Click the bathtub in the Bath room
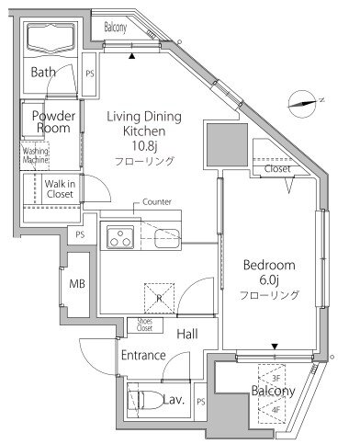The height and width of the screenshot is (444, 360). click(51, 39)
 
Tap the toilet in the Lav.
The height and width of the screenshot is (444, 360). click(145, 400)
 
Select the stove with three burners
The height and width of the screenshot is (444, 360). click(120, 237)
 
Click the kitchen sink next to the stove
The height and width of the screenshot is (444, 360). click(167, 238)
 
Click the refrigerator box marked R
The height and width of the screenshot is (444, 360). click(159, 298)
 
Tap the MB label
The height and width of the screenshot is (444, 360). click(77, 284)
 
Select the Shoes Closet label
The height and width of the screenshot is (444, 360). click(144, 324)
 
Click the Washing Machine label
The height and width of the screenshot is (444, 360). click(35, 155)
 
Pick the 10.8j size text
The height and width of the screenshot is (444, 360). click(144, 146)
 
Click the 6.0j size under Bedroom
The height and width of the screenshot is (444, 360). click(269, 279)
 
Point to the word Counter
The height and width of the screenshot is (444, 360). click(157, 202)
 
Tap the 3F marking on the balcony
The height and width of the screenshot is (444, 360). click(276, 379)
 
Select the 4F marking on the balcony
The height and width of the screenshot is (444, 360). click(276, 410)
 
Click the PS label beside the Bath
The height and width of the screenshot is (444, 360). click(90, 74)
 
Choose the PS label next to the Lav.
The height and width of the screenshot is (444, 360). click(201, 402)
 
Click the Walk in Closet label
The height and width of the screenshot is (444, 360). click(60, 188)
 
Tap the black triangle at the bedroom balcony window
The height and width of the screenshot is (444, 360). click(275, 347)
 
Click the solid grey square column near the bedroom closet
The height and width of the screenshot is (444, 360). click(227, 144)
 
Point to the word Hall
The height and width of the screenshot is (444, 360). click(187, 334)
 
